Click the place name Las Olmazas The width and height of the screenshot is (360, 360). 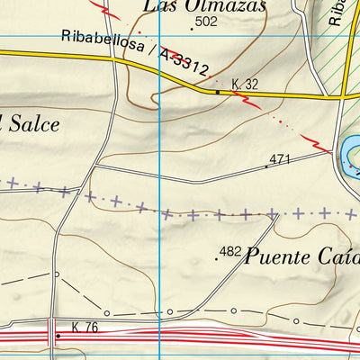pos(204,6)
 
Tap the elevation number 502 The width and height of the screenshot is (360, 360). pos(206,22)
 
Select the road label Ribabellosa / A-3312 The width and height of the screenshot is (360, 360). pos(136,53)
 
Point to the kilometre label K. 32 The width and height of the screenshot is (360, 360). pos(245,85)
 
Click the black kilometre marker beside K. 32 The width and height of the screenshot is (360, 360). pos(217,91)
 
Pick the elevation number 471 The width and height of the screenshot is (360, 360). pos(279,159)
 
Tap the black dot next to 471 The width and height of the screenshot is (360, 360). pos(266,166)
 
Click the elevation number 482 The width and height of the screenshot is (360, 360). pos(230,251)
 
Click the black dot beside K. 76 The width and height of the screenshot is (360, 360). pos(58,337)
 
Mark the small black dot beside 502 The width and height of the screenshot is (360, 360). pos(191,29)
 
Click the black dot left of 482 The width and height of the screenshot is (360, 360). pos(217,258)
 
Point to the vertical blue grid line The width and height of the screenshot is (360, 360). pos(159,180)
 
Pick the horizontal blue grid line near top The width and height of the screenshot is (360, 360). pos(90,36)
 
